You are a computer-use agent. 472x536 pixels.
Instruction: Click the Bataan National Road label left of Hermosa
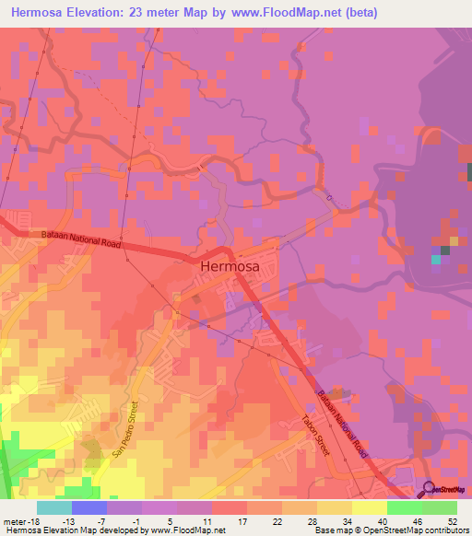(x=82, y=242)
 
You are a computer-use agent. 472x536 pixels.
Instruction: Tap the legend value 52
(x=451, y=522)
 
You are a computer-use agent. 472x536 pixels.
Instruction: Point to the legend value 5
(x=172, y=522)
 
